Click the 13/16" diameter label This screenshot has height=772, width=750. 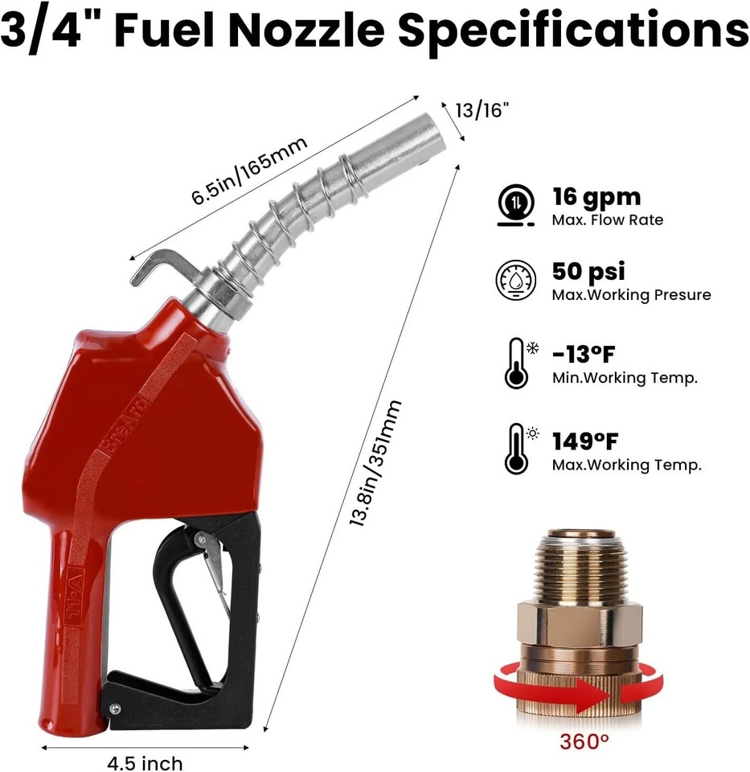[483, 110]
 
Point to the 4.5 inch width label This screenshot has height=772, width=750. [145, 762]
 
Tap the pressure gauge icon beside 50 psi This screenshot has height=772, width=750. [514, 281]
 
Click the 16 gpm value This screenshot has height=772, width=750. [596, 197]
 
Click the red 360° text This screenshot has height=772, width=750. [585, 741]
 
